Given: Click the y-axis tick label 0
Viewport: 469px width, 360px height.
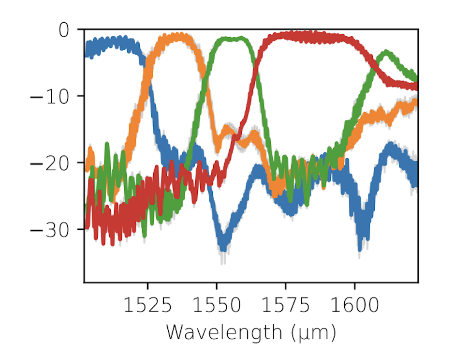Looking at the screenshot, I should point(64,30).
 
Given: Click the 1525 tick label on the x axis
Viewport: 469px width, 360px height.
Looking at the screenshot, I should point(147,305).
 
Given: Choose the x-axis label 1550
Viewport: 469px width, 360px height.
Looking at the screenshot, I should point(217,305).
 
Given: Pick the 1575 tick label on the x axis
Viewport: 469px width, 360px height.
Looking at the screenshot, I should point(286,305).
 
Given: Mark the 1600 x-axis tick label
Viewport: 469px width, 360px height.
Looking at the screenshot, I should point(354,305).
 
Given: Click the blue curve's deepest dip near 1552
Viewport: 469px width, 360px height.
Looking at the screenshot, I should point(222,244).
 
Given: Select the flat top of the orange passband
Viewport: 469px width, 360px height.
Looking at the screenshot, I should point(176,37).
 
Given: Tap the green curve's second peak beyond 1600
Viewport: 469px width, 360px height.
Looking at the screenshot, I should point(386,53).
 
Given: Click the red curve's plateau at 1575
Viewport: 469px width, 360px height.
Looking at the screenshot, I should point(286,35).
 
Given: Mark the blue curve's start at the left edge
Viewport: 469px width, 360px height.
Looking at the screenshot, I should point(87,49).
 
